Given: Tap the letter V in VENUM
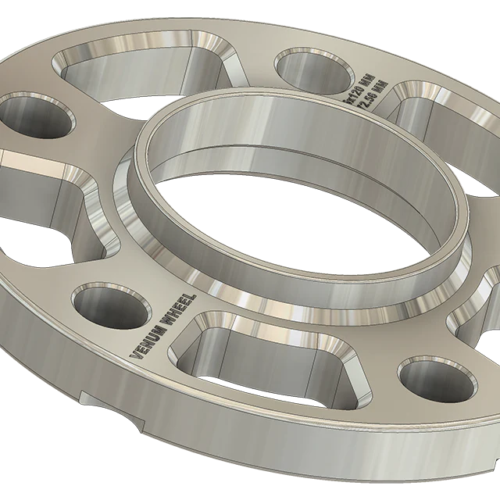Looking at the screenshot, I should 134,354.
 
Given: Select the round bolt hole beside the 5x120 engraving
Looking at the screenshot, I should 315,69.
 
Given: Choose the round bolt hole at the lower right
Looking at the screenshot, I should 437,380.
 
